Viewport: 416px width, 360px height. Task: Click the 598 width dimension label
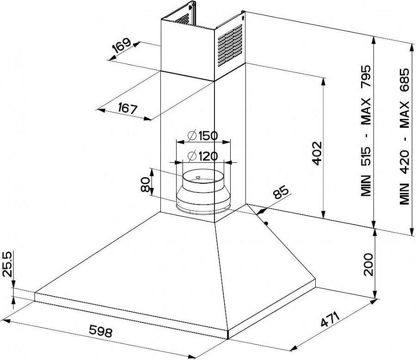click(x=101, y=331)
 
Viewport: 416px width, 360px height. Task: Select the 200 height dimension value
click(x=368, y=264)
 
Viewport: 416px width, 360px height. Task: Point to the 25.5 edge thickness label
click(x=7, y=265)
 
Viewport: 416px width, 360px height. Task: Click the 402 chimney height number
click(x=317, y=153)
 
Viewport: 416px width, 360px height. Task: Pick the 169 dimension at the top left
click(x=122, y=45)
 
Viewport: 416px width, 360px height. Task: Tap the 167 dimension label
click(x=128, y=108)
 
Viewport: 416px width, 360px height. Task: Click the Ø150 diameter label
click(x=202, y=136)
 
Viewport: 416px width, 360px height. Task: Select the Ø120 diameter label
click(x=202, y=156)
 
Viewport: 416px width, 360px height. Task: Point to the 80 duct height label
click(x=146, y=185)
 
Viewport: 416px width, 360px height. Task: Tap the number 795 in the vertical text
click(x=366, y=76)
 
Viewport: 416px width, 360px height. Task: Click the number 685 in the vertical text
click(x=405, y=80)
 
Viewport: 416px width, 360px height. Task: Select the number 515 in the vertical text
click(x=366, y=156)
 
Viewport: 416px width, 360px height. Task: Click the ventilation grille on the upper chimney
click(x=230, y=45)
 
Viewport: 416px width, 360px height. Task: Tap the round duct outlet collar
click(x=203, y=191)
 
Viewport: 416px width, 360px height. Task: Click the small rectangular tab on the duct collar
click(x=198, y=177)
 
